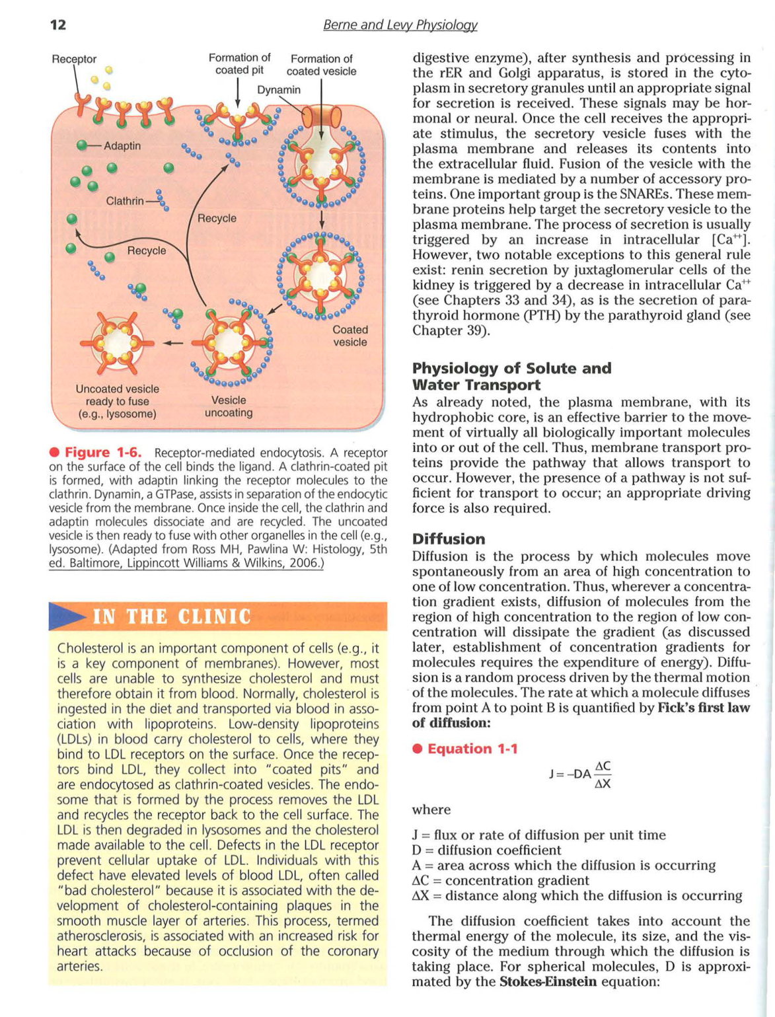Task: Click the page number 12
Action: click(x=58, y=25)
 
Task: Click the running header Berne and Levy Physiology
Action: click(x=400, y=25)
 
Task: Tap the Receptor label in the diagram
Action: click(x=74, y=59)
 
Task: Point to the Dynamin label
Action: click(x=278, y=90)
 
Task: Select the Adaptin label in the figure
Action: click(x=122, y=145)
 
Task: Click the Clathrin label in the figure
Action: click(x=125, y=200)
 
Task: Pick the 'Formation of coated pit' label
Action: click(x=239, y=64)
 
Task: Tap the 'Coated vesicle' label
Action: click(x=350, y=336)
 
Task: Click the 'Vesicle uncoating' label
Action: click(x=229, y=406)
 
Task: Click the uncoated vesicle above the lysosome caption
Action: click(x=117, y=343)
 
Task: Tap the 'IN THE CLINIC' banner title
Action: click(x=172, y=617)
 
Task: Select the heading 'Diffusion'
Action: click(x=448, y=539)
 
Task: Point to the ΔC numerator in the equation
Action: click(x=603, y=766)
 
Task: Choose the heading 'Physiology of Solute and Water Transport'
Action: click(x=511, y=377)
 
